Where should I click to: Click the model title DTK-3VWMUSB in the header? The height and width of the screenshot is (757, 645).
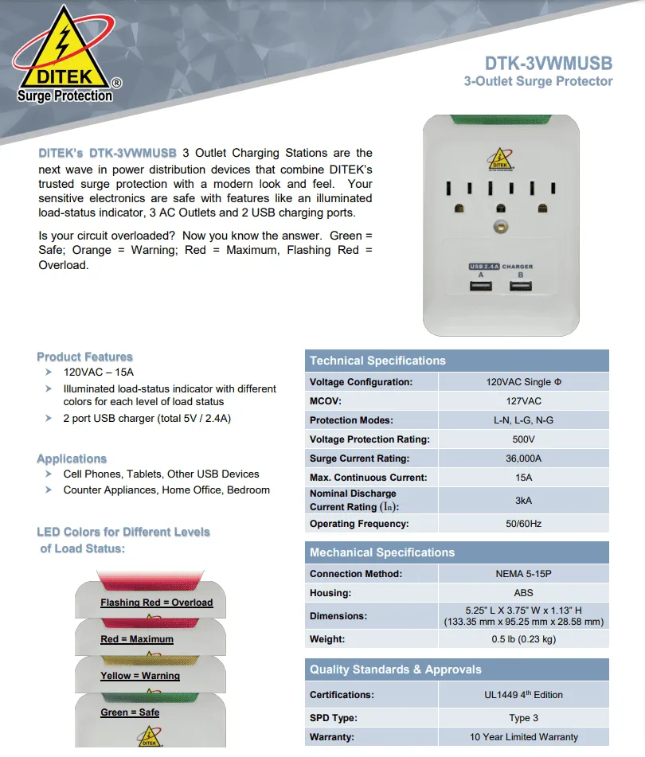(x=549, y=63)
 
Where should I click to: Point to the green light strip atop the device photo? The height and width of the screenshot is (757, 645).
(x=500, y=121)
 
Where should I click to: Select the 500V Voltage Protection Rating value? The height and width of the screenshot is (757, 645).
(x=523, y=439)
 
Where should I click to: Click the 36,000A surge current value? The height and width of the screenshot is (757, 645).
(x=523, y=458)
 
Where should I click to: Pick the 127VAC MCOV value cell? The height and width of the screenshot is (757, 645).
(x=523, y=401)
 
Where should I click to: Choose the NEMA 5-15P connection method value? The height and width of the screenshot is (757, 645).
(x=523, y=574)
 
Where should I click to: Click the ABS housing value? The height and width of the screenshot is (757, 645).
(x=523, y=593)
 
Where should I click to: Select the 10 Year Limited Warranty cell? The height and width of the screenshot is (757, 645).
(x=523, y=737)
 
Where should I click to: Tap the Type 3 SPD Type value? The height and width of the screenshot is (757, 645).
(x=523, y=718)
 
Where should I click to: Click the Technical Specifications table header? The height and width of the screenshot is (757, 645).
(x=377, y=361)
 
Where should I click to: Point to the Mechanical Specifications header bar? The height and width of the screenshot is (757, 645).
(x=382, y=552)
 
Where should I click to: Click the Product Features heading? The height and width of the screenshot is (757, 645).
(x=84, y=357)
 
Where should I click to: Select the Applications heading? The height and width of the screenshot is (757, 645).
(x=72, y=459)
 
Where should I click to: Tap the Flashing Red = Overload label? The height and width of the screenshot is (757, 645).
(x=156, y=603)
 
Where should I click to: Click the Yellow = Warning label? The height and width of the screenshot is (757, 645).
(x=139, y=676)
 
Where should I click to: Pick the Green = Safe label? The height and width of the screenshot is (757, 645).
(x=129, y=712)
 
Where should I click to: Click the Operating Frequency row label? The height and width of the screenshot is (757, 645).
(x=359, y=524)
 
